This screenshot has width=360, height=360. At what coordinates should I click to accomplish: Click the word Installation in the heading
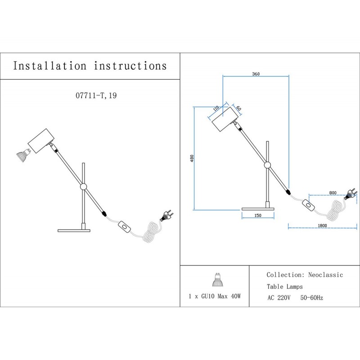click(x=49, y=66)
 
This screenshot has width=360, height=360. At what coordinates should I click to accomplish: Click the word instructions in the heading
click(x=130, y=66)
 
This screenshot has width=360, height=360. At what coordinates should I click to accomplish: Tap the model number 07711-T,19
click(x=95, y=96)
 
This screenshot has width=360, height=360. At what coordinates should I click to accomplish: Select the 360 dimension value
click(x=256, y=73)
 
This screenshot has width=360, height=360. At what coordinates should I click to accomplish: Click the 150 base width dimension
click(x=258, y=216)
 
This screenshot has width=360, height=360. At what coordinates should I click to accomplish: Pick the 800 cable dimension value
click(x=333, y=193)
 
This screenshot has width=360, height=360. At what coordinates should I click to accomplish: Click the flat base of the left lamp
click(x=74, y=231)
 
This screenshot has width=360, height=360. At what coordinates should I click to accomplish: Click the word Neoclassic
click(x=325, y=274)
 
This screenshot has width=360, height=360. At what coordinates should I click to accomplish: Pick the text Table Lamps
click(x=284, y=286)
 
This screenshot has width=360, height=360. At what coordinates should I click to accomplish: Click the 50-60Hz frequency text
click(x=311, y=298)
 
